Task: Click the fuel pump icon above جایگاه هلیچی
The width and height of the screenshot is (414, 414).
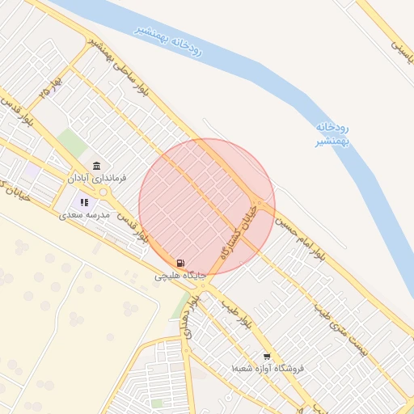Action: click(180, 263)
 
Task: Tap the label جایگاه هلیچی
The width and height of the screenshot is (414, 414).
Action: click(180, 276)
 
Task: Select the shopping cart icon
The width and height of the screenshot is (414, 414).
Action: click(267, 357)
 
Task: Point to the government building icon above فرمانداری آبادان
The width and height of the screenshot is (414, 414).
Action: click(96, 165)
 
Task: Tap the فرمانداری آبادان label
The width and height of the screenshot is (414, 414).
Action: click(92, 176)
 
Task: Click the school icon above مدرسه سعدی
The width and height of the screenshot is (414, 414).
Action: click(83, 202)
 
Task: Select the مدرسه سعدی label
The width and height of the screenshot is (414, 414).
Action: click(84, 215)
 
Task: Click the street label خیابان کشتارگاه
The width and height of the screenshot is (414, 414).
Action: click(239, 235)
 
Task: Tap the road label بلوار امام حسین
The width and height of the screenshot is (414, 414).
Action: click(300, 238)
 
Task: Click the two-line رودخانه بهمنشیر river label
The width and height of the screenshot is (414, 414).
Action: click(332, 134)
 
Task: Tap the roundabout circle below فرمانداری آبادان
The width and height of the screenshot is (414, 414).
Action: click(103, 192)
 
